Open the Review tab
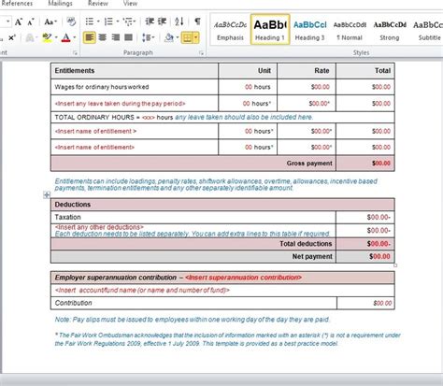[x=97, y=4]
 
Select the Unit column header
[x=264, y=70]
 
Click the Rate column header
[x=322, y=70]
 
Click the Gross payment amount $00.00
[x=380, y=163]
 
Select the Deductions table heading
[x=73, y=204]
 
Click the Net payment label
[x=312, y=255]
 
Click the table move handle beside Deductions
[x=47, y=194]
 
